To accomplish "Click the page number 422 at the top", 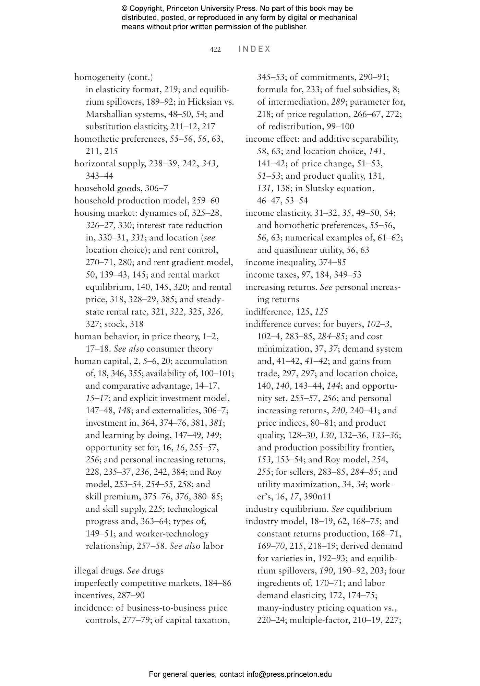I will coord(215,50).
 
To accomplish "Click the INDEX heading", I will coord(254,49).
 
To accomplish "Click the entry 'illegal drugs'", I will coord(98,570).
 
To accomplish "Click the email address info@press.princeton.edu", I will coord(289,674).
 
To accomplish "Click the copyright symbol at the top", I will coord(124,9).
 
